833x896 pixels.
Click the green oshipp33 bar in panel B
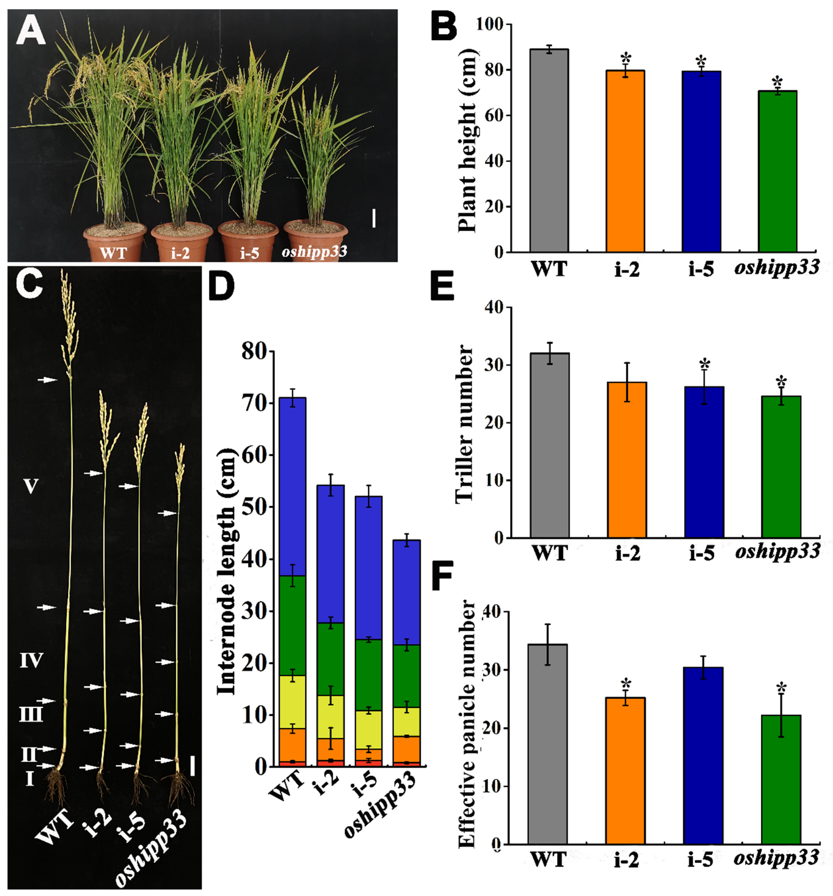click(777, 171)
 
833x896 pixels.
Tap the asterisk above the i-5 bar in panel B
click(701, 61)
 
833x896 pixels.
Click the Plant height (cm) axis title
click(468, 140)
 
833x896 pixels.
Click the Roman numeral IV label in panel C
click(31, 661)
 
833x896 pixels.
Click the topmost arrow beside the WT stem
click(47, 380)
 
